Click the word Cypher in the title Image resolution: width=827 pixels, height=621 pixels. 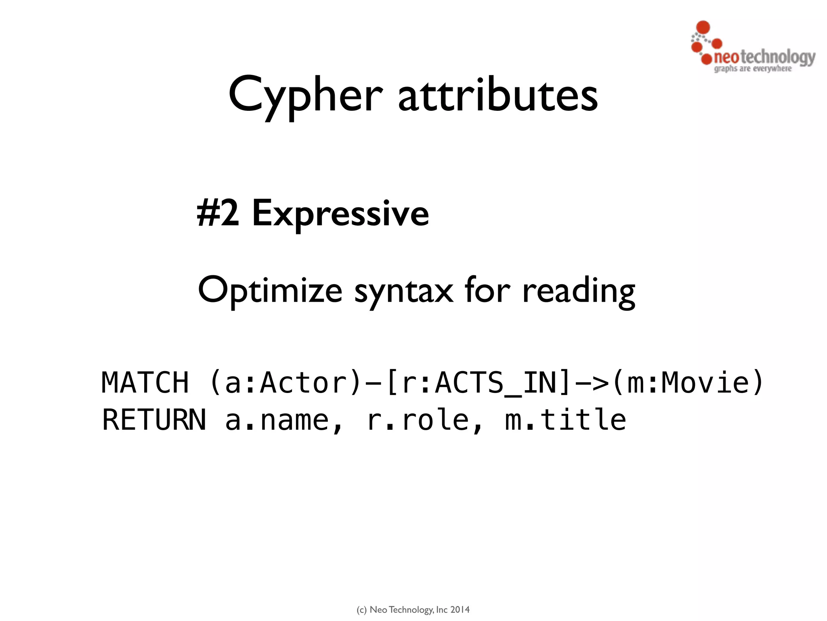click(x=305, y=96)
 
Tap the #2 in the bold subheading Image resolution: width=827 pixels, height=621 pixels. click(x=218, y=213)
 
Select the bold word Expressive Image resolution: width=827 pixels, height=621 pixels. click(x=340, y=214)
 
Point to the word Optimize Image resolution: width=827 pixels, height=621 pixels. click(x=270, y=290)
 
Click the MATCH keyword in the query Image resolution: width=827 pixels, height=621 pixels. click(x=145, y=382)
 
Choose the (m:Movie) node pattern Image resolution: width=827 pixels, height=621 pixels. click(x=687, y=382)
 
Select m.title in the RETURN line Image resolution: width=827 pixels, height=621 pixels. click(x=565, y=420)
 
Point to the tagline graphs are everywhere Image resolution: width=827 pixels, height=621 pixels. click(x=753, y=69)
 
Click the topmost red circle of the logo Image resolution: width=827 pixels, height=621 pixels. click(x=703, y=27)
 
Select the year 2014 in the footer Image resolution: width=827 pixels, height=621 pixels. click(x=460, y=610)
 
